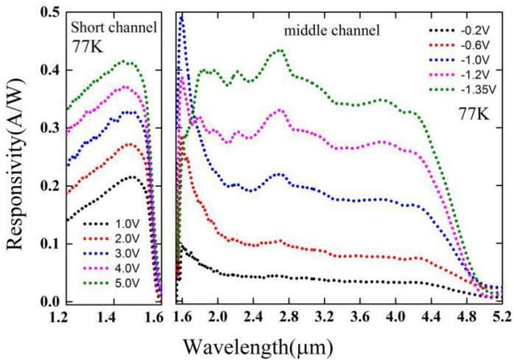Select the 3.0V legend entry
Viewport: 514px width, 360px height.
click(x=116, y=255)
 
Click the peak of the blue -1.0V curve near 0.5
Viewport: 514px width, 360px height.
click(x=182, y=17)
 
